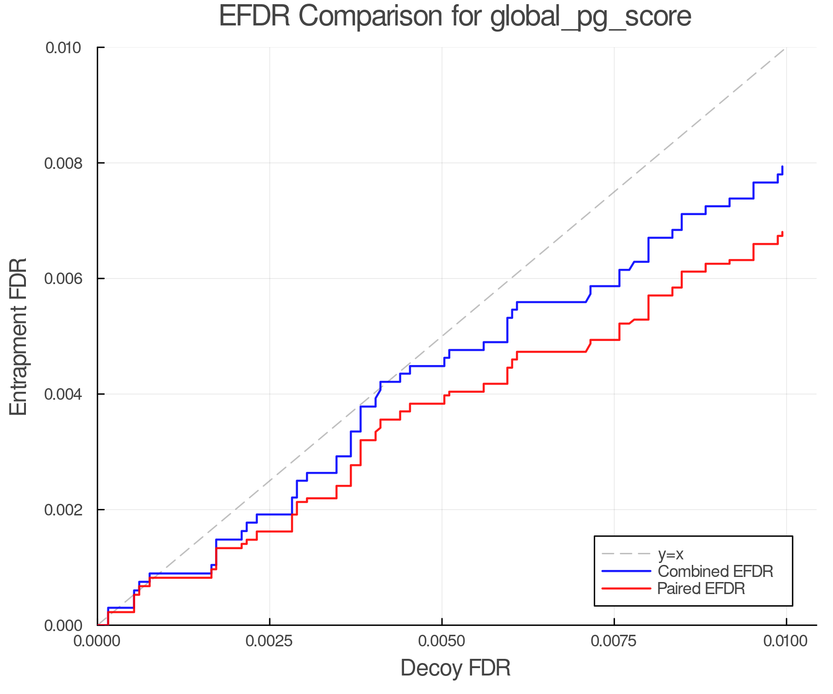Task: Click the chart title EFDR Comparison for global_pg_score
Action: pyautogui.click(x=455, y=16)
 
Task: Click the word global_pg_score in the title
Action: pyautogui.click(x=590, y=17)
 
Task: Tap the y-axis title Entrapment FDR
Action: pyautogui.click(x=19, y=336)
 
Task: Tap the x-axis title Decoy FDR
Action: pyautogui.click(x=455, y=668)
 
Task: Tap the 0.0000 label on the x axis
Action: pyautogui.click(x=97, y=641)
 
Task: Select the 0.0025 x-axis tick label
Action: pyautogui.click(x=269, y=641)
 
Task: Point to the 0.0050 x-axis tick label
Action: pyautogui.click(x=441, y=641)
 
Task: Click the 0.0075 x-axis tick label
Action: pyautogui.click(x=614, y=641)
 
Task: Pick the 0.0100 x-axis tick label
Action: pyautogui.click(x=786, y=641)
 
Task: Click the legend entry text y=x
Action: pyautogui.click(x=671, y=554)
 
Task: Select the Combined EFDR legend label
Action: pyautogui.click(x=715, y=571)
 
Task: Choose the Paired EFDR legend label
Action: pyautogui.click(x=701, y=589)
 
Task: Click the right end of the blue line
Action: pyautogui.click(x=782, y=167)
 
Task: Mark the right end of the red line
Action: pyautogui.click(x=782, y=232)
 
